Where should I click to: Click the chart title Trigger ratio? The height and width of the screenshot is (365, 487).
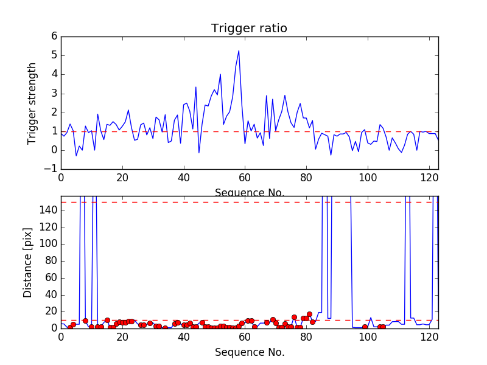pos(249,29)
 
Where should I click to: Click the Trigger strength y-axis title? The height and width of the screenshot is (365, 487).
pos(32,103)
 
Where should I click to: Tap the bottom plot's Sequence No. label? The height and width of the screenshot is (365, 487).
pos(249,352)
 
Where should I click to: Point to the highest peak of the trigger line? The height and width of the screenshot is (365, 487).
pos(239,50)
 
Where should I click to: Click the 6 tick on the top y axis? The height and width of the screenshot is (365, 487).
pos(54,36)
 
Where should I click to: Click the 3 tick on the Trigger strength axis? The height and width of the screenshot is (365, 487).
pos(54,94)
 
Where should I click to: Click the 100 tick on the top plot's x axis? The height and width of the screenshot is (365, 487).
pos(368,178)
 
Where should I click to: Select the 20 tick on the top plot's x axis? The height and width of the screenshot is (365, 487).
pos(122,178)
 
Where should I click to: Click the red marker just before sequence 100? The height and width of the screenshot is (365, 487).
pos(365,327)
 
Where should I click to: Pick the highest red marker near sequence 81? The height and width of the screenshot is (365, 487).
pos(309,314)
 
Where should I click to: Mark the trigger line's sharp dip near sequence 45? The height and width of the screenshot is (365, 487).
pos(199,153)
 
